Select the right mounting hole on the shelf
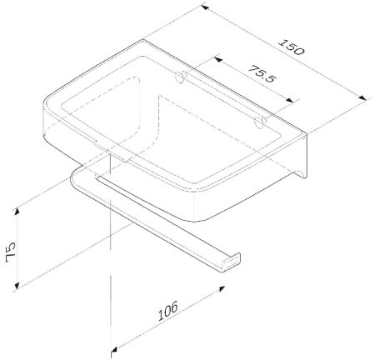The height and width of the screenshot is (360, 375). click(260, 123)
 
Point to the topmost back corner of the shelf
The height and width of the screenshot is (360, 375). click(147, 38)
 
